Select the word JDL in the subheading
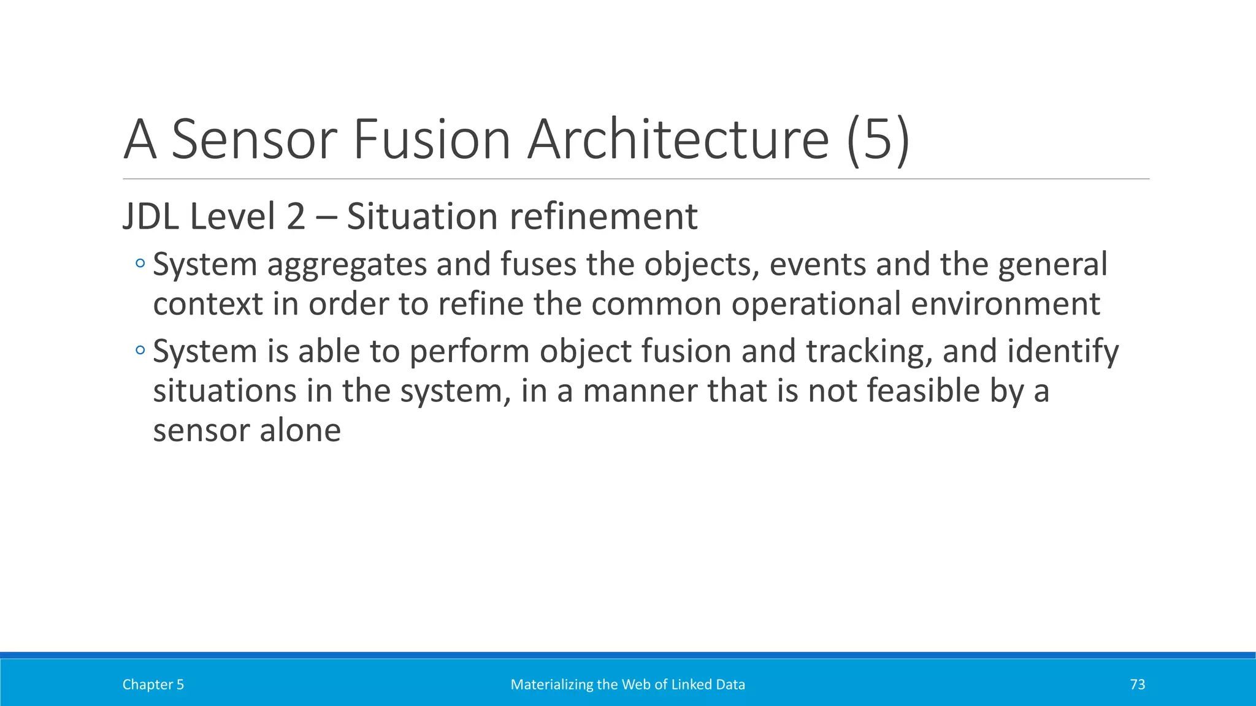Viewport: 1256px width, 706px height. point(151,216)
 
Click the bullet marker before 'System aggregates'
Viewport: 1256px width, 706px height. point(140,264)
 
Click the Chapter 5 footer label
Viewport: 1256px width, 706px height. point(153,685)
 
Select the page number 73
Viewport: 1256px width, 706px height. point(1137,685)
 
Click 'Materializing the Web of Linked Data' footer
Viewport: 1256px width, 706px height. point(627,685)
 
